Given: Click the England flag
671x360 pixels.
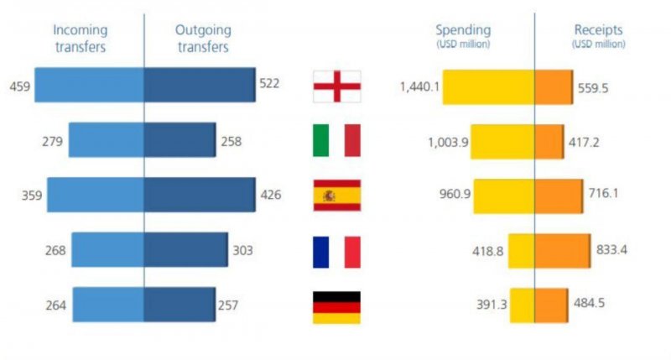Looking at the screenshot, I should click(336, 85).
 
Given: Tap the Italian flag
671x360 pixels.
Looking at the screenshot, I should click(336, 140).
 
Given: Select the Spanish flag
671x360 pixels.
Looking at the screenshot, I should click(336, 196).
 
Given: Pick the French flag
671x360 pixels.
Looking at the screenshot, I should click(336, 251).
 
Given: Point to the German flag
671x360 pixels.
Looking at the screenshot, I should click(336, 306).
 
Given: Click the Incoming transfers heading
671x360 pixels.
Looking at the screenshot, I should click(80, 39).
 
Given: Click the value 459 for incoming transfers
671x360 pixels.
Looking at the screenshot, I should click(19, 85).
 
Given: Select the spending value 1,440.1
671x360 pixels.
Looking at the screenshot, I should click(420, 86).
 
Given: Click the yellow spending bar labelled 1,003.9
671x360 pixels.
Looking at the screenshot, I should click(503, 141).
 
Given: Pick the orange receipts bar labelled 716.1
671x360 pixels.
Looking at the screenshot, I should click(558, 195).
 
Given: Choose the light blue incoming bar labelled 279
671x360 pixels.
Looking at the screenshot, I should click(106, 140).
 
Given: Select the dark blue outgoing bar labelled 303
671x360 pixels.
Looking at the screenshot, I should click(185, 250).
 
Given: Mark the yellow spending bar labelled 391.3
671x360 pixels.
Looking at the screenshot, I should click(522, 305).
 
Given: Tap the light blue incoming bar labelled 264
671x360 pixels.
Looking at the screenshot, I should click(107, 305).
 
